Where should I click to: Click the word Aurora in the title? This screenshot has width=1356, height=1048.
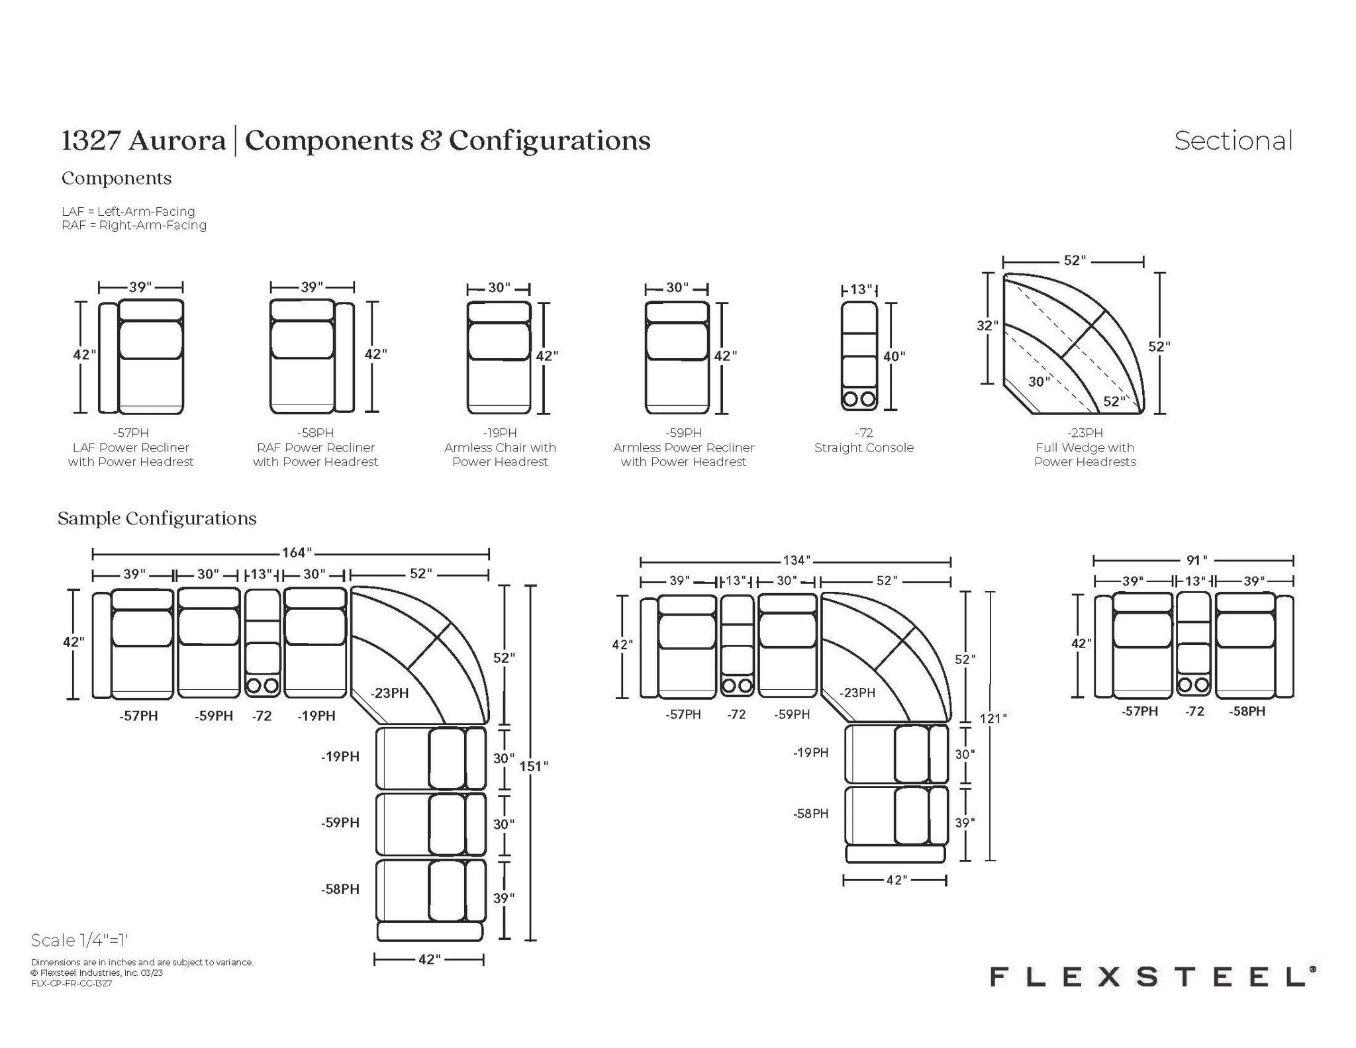[x=177, y=140]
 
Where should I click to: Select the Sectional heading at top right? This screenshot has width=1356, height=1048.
[x=1234, y=140]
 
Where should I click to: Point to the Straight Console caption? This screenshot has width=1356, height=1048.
[x=864, y=448]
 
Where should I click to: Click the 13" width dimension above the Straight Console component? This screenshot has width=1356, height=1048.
[x=861, y=289]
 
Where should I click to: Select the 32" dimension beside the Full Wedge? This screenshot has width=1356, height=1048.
[x=987, y=326]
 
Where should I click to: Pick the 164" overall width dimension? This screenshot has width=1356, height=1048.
[x=295, y=553]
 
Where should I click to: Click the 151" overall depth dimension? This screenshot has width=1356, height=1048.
[x=534, y=766]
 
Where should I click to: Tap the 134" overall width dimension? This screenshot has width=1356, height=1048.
[x=796, y=561]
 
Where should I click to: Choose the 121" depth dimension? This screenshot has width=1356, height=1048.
[x=993, y=718]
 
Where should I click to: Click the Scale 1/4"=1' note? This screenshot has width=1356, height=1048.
[x=79, y=940]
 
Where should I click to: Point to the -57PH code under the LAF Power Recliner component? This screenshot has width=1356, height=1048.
[x=130, y=433]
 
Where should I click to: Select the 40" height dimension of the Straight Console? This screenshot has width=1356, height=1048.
[x=894, y=356]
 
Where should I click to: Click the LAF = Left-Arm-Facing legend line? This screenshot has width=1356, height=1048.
[x=128, y=212]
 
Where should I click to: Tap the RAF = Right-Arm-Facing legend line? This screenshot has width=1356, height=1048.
[x=134, y=225]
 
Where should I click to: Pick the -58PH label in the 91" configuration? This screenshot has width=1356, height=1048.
[x=1247, y=712]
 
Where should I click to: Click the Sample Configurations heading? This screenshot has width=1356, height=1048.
[x=157, y=518]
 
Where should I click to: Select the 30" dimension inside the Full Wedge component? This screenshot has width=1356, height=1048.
[x=1040, y=381]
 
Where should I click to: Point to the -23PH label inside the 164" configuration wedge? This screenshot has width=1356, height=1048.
[x=390, y=693]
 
